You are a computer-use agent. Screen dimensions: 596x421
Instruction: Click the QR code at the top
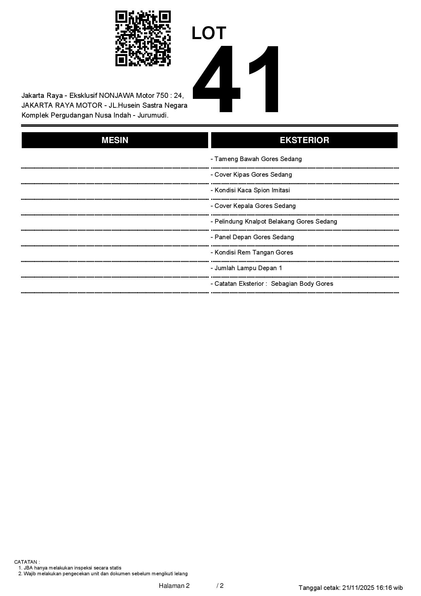[143, 38]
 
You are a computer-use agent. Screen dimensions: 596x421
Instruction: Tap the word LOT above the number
[209, 33]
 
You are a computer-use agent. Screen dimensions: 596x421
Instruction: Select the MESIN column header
[115, 140]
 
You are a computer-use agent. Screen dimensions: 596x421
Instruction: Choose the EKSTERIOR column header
[304, 140]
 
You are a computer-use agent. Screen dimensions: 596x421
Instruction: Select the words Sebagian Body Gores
[302, 284]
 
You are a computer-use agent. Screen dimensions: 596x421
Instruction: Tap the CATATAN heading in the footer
[27, 562]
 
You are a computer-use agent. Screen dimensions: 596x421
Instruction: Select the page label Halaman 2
[174, 585]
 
